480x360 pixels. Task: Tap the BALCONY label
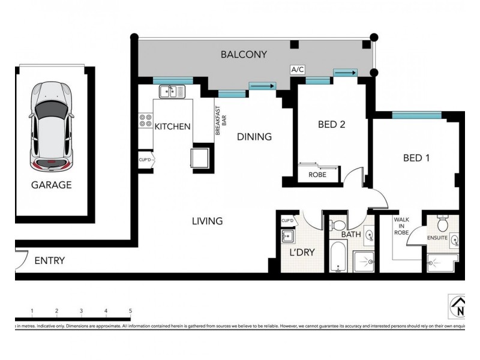(244, 55)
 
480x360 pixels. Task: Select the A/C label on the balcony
(298, 70)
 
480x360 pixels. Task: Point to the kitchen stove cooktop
(145, 120)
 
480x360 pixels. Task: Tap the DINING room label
(254, 137)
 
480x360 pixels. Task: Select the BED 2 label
(331, 125)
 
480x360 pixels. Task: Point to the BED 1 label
(416, 158)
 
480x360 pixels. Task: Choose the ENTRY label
(49, 261)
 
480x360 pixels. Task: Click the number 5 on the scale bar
(130, 311)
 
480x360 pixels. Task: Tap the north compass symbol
(458, 306)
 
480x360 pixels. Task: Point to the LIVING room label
(207, 221)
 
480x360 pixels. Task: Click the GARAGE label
(51, 185)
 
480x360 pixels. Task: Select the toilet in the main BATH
(337, 225)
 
